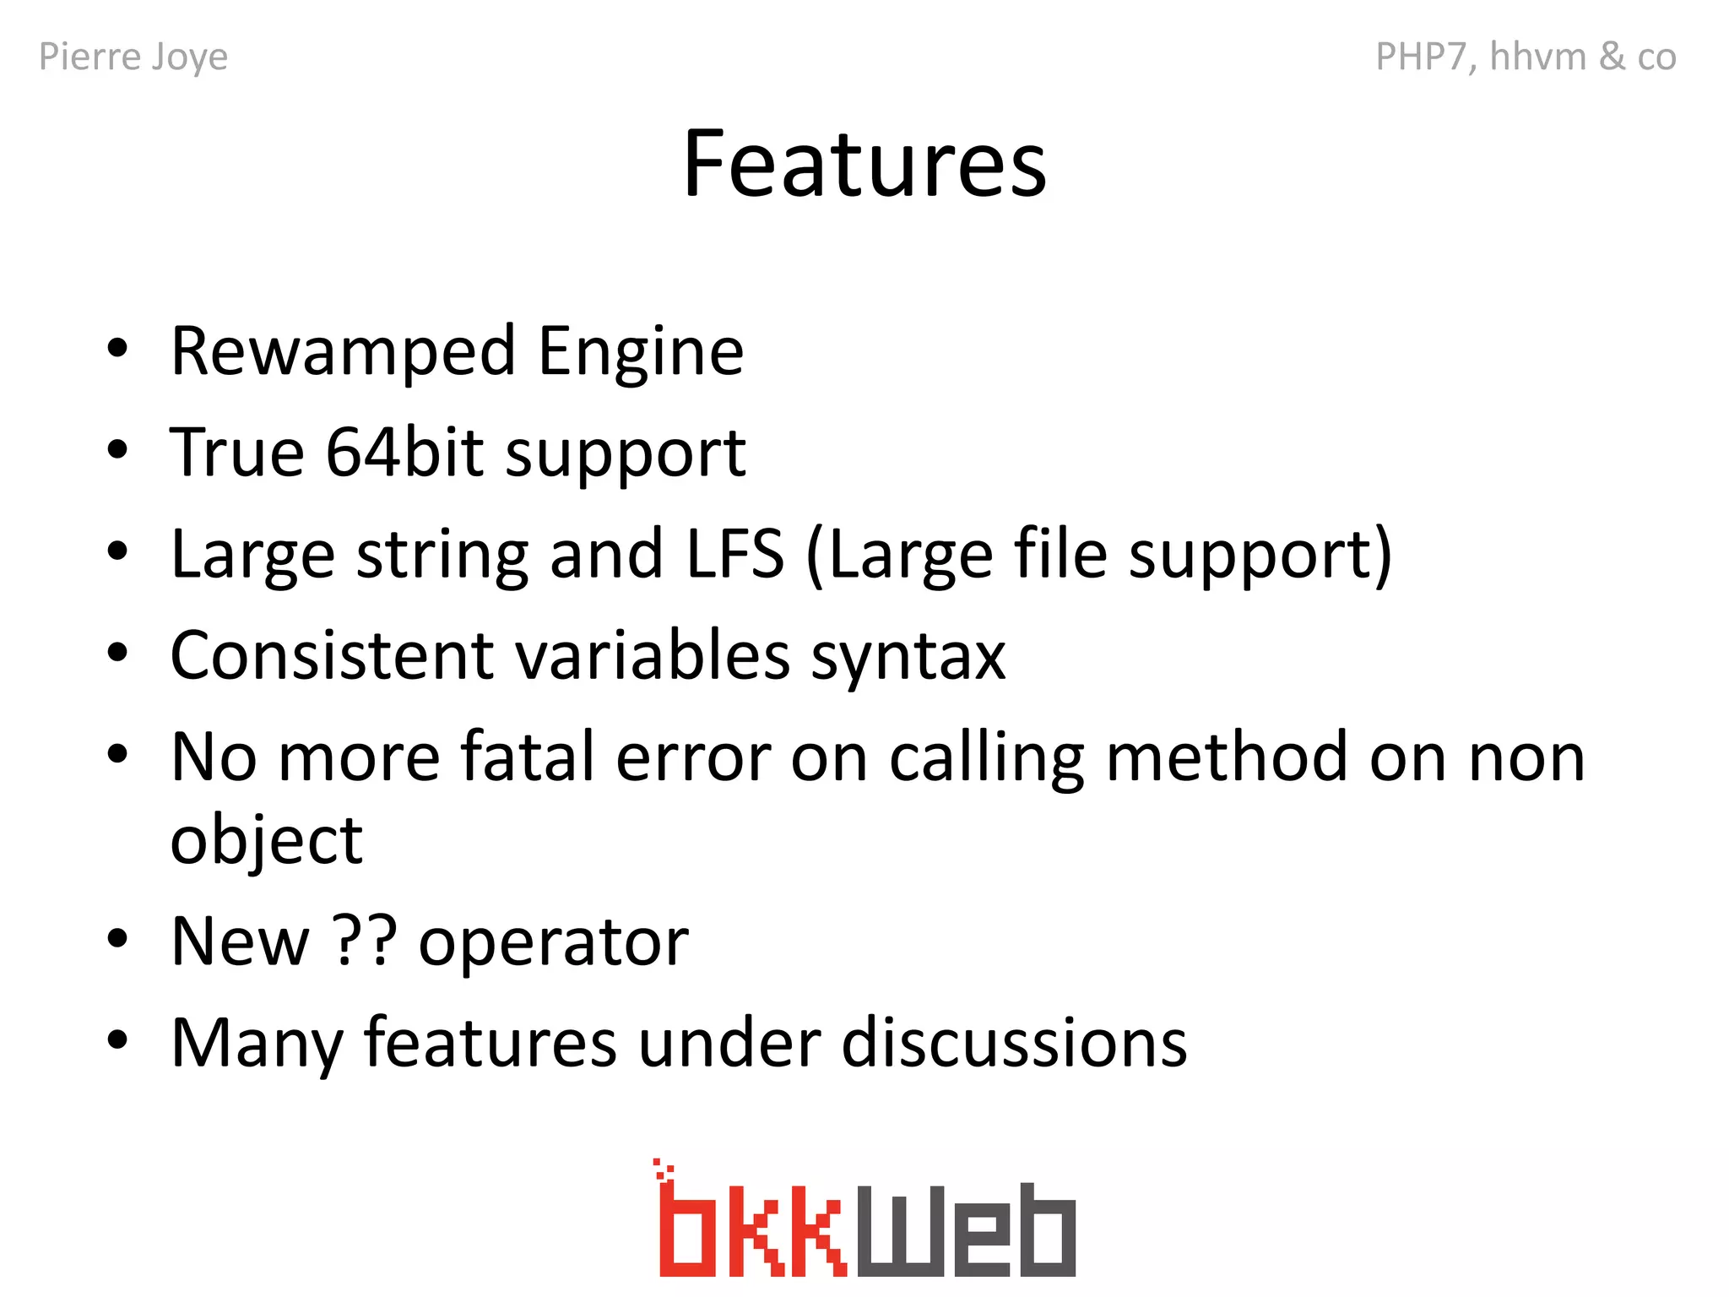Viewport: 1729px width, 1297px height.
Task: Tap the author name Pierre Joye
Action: (133, 57)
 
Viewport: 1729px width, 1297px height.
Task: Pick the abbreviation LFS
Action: (735, 554)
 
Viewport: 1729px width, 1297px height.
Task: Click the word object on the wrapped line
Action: (267, 841)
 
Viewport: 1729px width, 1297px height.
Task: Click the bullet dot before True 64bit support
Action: (117, 450)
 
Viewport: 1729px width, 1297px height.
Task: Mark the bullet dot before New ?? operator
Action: (117, 938)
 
